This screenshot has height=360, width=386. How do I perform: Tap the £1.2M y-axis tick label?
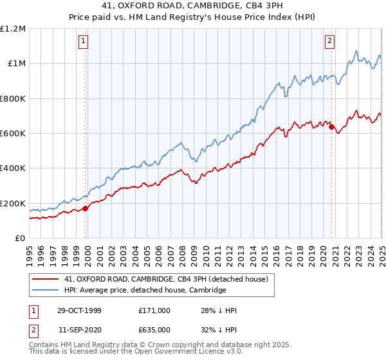pos(14,28)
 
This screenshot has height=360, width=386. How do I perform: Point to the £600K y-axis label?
pos(12,134)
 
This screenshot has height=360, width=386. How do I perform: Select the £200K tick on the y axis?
pos(12,203)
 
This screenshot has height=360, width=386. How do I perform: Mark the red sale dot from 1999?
pos(86,208)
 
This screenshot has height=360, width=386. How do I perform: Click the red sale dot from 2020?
pos(331,127)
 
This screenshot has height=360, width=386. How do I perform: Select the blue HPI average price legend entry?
pos(145,291)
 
